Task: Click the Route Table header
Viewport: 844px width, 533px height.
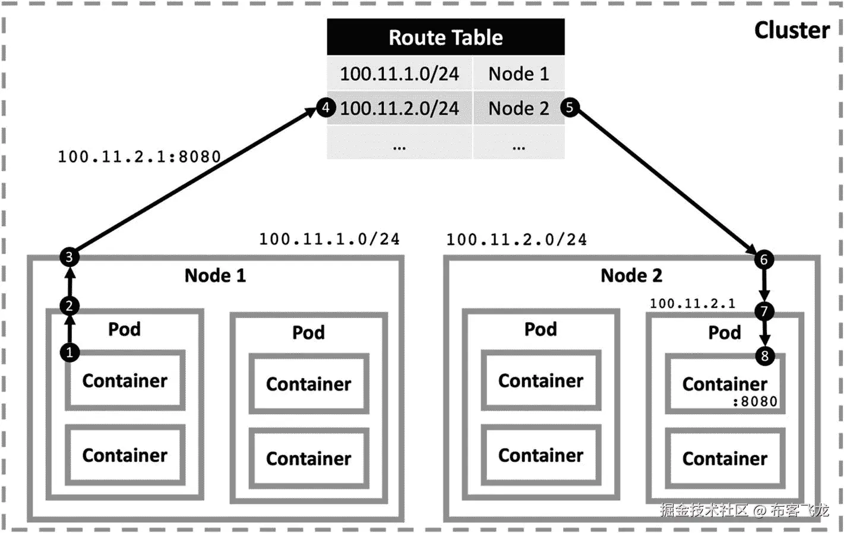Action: point(445,37)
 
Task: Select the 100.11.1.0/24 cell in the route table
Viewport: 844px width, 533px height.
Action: point(399,74)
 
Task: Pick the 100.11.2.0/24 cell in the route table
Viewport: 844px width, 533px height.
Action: point(399,108)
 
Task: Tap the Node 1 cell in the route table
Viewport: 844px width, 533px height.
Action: point(519,74)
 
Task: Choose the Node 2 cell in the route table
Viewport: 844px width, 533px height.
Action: point(519,108)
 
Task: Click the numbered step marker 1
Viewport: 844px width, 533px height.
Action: point(69,352)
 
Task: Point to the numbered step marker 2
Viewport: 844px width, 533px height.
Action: point(69,306)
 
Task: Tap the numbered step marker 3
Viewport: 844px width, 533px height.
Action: point(69,257)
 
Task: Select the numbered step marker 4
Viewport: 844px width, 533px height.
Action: point(325,108)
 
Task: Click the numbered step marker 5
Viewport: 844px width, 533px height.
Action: point(570,107)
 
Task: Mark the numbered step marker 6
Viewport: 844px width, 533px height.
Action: point(764,260)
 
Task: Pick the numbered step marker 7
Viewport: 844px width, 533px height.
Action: point(764,311)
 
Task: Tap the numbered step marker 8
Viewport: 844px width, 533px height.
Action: point(764,356)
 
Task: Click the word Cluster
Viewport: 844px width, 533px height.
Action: point(792,30)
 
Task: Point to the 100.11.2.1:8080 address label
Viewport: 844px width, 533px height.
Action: point(139,157)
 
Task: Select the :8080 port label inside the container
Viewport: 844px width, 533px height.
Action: point(754,402)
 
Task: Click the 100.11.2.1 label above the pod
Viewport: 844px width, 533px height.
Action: point(692,304)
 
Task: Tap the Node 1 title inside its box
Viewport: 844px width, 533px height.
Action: point(215,276)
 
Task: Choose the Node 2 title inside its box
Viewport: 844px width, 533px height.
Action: point(631,276)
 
